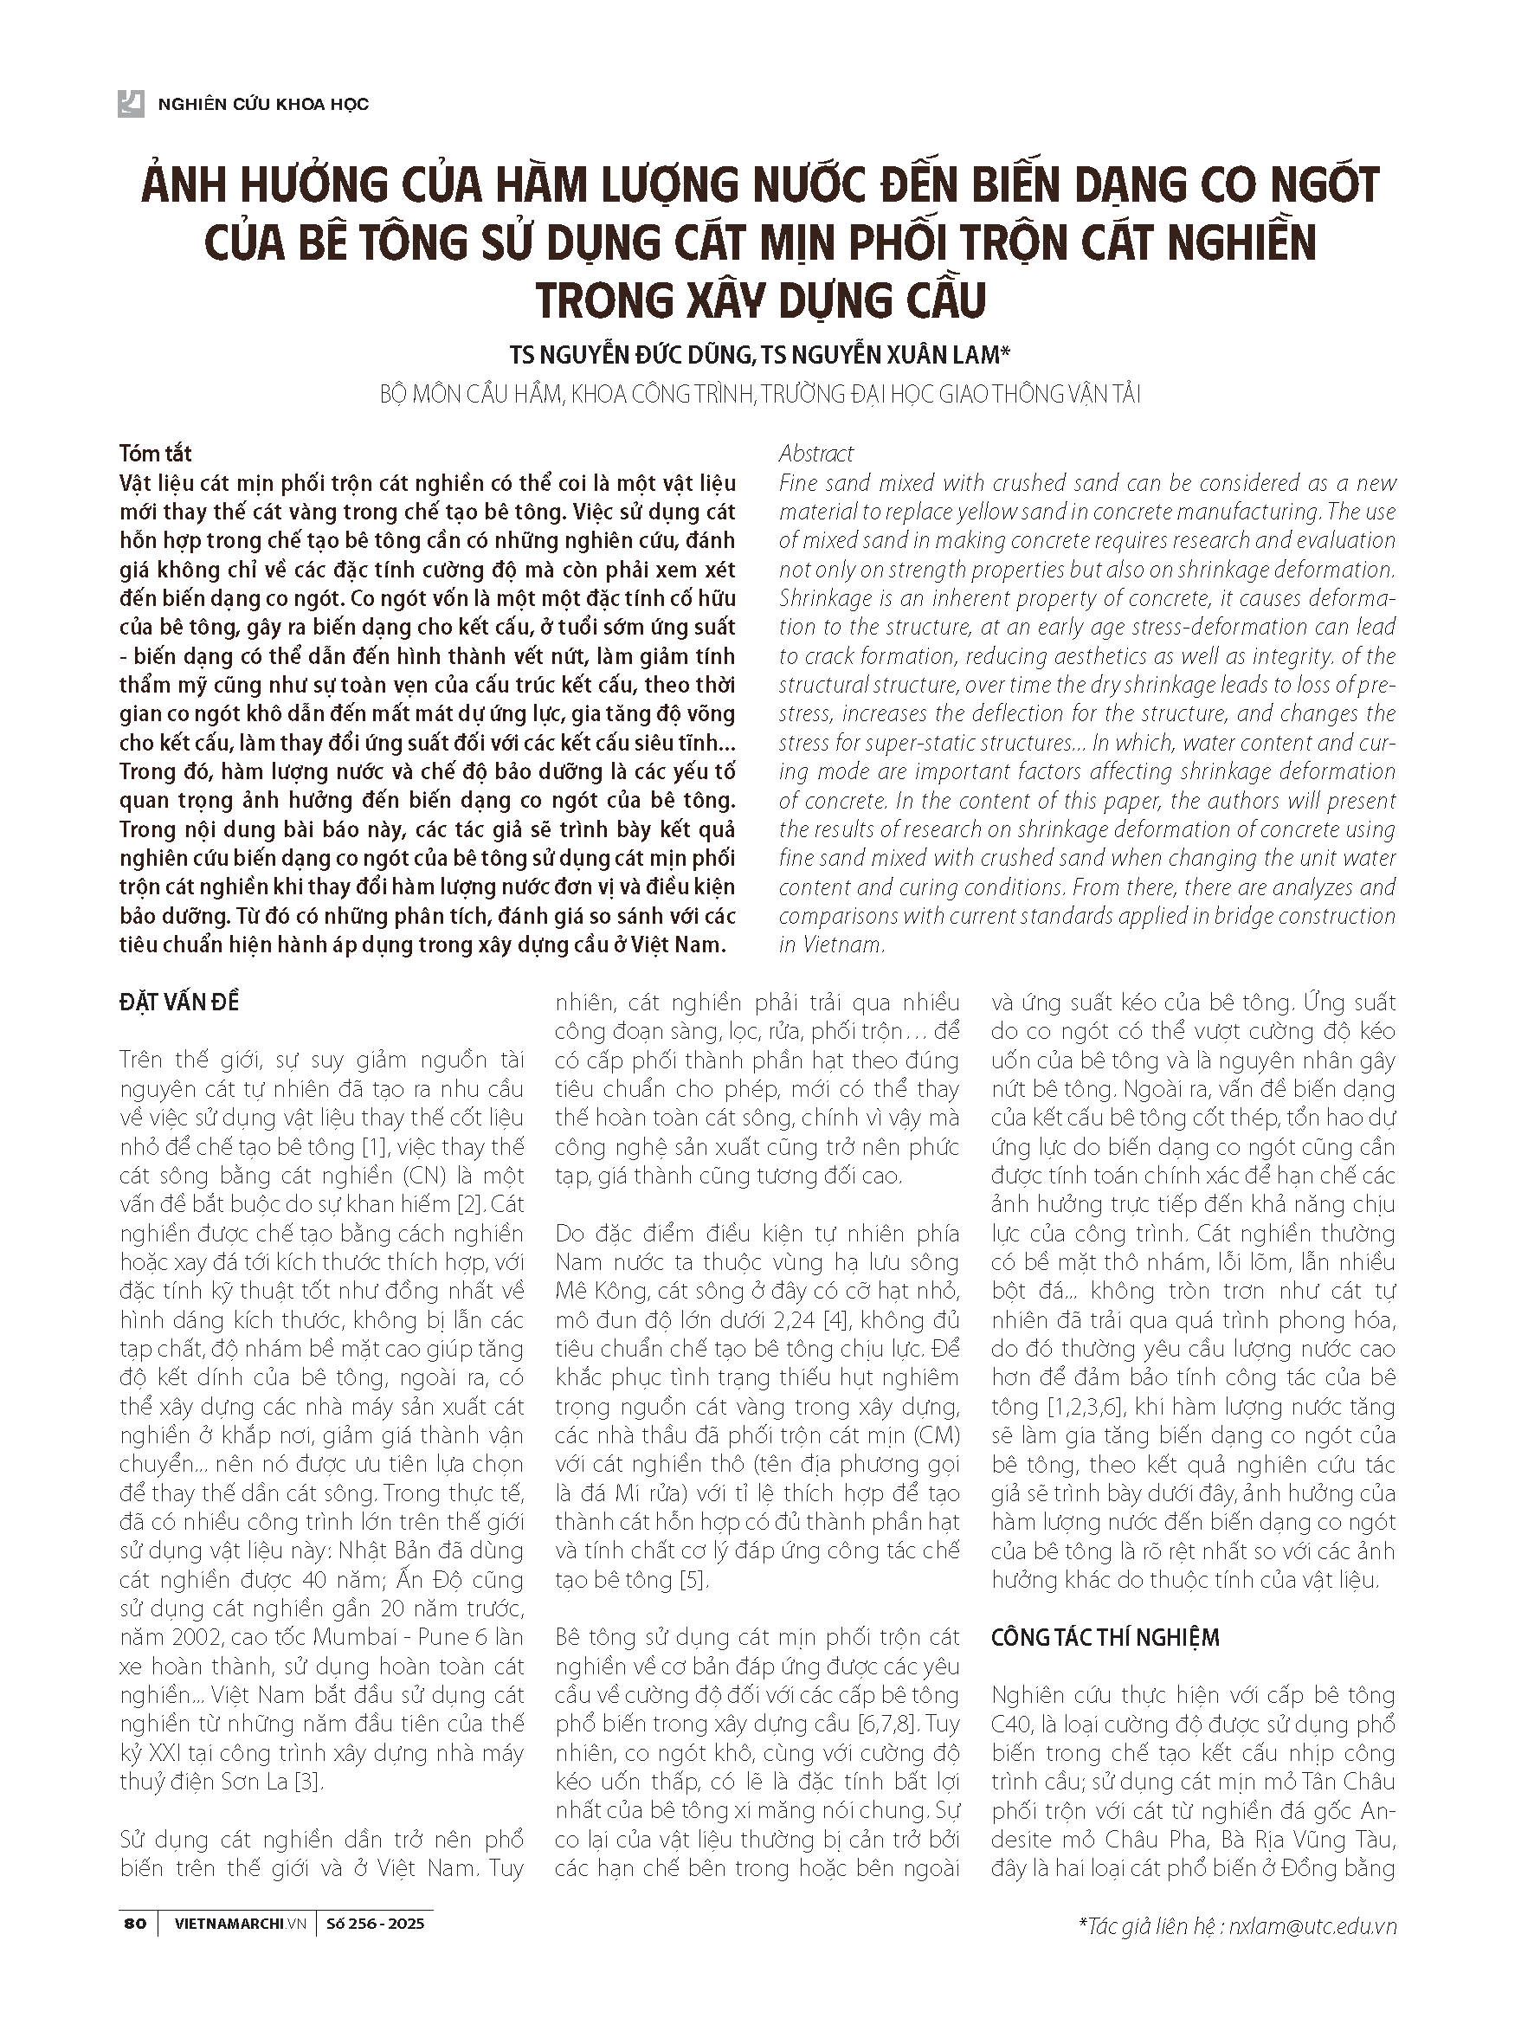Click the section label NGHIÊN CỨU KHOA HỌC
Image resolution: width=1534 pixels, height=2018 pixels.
click(263, 104)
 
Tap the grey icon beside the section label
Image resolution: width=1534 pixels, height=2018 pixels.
click(132, 103)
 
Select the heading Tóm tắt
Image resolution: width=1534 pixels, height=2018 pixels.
click(155, 453)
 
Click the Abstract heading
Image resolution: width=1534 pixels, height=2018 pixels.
click(816, 453)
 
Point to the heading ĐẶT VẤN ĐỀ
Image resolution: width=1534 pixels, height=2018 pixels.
click(179, 1002)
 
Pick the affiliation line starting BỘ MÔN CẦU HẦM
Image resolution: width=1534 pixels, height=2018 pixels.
click(760, 395)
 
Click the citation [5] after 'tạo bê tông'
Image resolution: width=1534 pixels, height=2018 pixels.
click(693, 1580)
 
